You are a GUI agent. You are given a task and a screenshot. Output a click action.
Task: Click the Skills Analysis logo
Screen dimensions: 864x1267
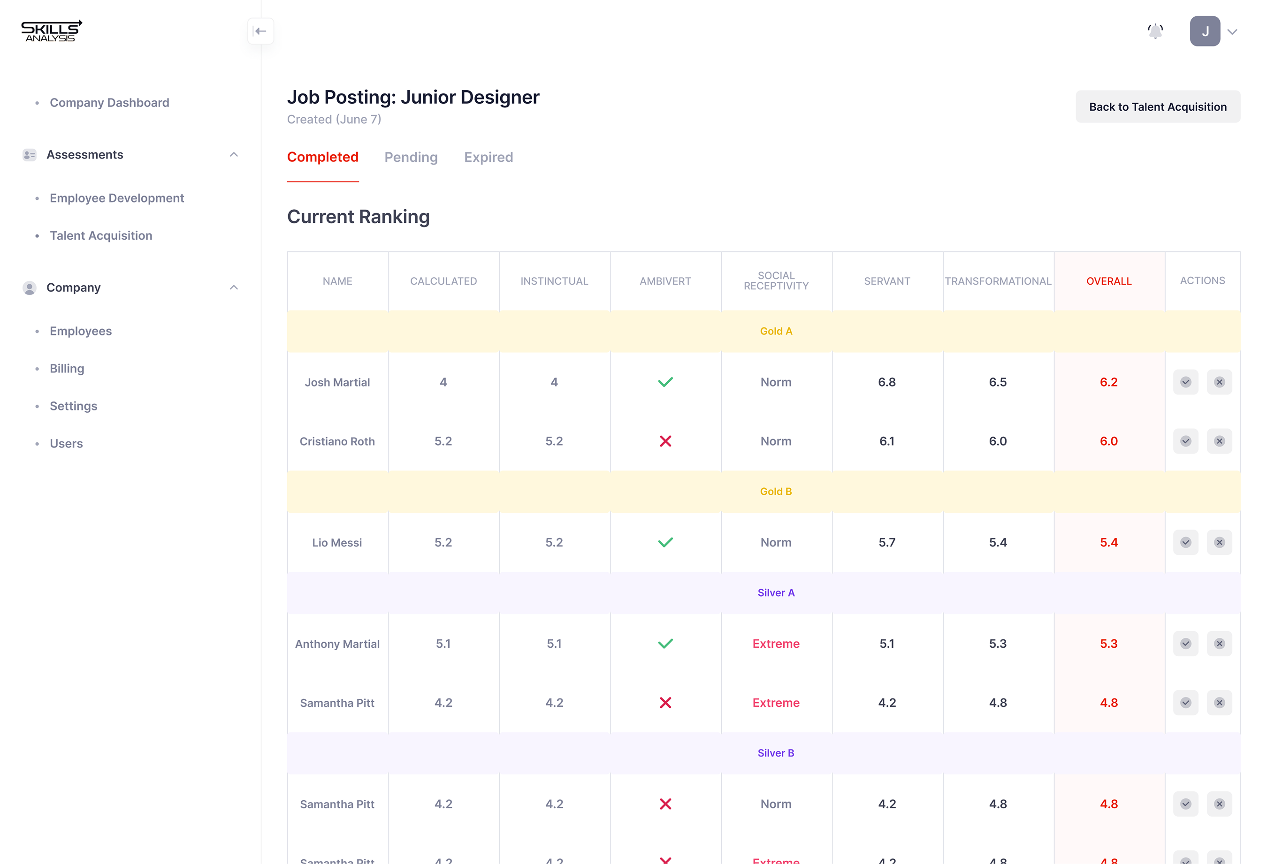[51, 31]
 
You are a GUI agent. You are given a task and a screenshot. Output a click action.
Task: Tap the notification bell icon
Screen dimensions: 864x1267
[1155, 31]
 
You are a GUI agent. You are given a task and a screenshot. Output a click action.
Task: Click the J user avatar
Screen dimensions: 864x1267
[1204, 31]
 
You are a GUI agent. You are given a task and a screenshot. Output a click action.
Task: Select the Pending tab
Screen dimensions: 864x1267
[411, 158]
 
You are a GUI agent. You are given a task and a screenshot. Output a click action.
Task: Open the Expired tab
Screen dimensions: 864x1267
[488, 158]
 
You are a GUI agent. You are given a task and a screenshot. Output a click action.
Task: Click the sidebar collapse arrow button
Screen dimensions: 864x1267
[260, 31]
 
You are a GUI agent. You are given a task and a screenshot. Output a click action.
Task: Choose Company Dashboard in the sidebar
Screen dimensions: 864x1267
[109, 103]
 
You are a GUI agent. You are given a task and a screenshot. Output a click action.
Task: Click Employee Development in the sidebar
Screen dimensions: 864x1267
[117, 198]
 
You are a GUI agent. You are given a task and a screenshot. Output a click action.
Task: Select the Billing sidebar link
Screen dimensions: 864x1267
[67, 369]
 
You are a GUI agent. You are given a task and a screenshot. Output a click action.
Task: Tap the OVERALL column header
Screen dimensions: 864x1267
[1108, 281]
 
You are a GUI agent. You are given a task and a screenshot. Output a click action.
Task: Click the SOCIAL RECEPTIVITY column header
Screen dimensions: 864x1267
[776, 281]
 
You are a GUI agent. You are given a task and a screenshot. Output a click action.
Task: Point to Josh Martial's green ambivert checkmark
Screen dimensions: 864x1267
[665, 382]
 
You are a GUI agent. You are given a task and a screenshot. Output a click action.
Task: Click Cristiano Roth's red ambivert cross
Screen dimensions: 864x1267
[665, 441]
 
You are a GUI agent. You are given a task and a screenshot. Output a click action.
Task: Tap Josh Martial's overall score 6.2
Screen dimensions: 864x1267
[1108, 382]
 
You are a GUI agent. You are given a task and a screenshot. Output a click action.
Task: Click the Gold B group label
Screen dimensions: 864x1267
[776, 492]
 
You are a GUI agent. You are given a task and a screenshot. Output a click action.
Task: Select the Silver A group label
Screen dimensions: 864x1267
[776, 593]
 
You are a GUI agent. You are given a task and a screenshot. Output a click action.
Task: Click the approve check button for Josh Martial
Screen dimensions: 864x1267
[1185, 382]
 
